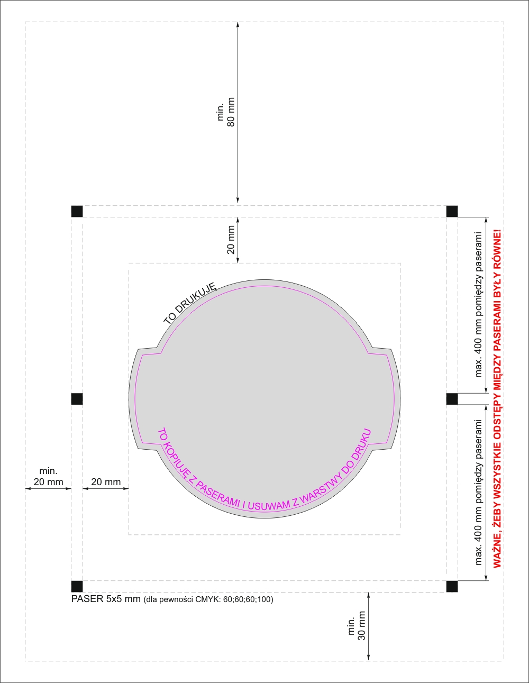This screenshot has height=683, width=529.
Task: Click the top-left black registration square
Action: tap(77, 211)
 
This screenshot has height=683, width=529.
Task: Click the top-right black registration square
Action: tap(452, 211)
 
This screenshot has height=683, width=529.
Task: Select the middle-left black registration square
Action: tap(77, 399)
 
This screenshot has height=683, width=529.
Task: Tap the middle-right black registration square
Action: tap(452, 399)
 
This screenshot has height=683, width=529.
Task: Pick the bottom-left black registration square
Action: tap(77, 587)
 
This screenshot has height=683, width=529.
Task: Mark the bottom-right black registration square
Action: tap(452, 587)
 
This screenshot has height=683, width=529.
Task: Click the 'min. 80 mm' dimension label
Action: tap(226, 112)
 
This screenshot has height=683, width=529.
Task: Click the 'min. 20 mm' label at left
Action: tap(48, 477)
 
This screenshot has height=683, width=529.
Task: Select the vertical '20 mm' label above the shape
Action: tap(231, 240)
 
